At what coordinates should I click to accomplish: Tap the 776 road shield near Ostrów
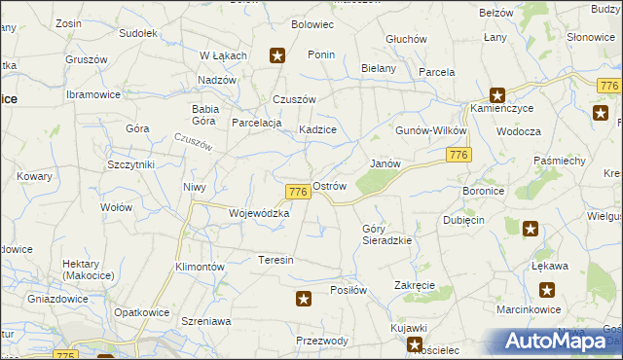pyautogui.click(x=299, y=193)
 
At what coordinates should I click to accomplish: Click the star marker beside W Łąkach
pyautogui.click(x=277, y=56)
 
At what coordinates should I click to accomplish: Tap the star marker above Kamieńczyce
pyautogui.click(x=497, y=95)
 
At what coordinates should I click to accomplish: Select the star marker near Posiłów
pyautogui.click(x=304, y=299)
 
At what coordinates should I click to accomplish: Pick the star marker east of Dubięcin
pyautogui.click(x=531, y=229)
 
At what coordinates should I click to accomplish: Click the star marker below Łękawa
pyautogui.click(x=548, y=289)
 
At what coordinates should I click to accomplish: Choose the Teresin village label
pyautogui.click(x=275, y=260)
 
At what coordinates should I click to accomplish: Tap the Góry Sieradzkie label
pyautogui.click(x=387, y=234)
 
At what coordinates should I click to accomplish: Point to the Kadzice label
pyautogui.click(x=317, y=129)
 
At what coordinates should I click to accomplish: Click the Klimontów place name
pyautogui.click(x=200, y=266)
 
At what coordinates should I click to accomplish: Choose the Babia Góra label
pyautogui.click(x=205, y=115)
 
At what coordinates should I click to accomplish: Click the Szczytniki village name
pyautogui.click(x=131, y=164)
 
